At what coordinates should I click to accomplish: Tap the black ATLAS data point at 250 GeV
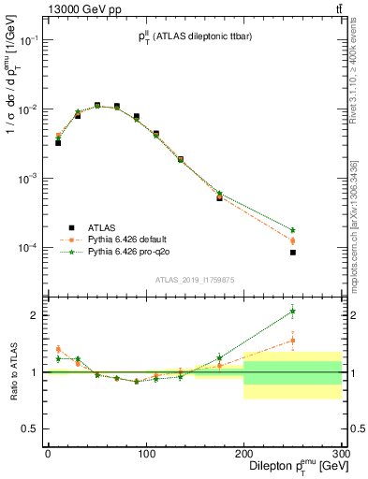[x=293, y=253]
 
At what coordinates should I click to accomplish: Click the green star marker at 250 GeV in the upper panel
[x=293, y=230]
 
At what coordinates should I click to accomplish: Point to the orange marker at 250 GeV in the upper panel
[x=293, y=241]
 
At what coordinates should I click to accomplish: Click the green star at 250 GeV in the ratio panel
[x=293, y=312]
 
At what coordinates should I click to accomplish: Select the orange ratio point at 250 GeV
[x=293, y=341]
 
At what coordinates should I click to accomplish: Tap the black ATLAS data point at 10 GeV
[x=57, y=143]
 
